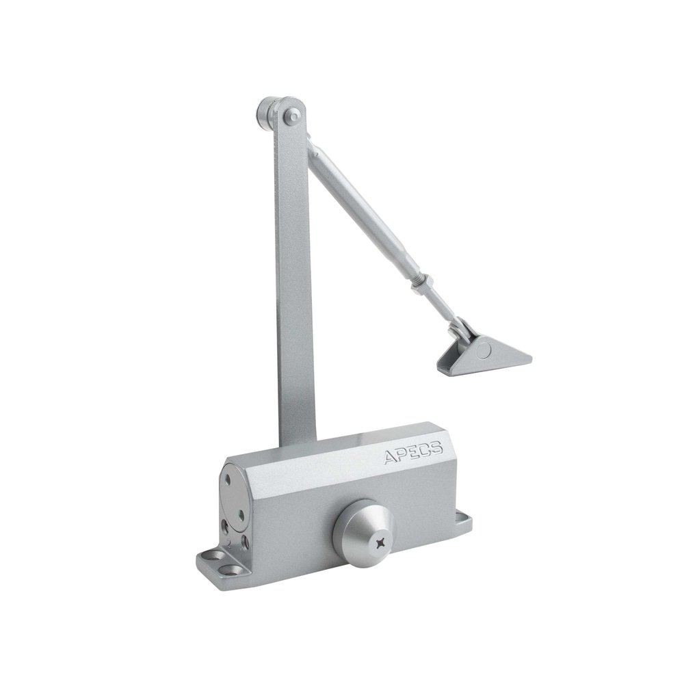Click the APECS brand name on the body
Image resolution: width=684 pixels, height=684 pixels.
coord(414,452)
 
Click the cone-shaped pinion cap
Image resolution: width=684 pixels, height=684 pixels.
coord(363,534)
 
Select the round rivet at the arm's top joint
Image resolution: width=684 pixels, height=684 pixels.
coord(291,116)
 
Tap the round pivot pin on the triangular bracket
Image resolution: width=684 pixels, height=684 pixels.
coord(484,350)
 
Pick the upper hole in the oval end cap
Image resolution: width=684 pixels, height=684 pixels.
coord(227,480)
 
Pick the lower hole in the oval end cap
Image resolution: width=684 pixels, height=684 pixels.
coord(241,516)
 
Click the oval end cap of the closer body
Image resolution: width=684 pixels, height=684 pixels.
coord(234,498)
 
